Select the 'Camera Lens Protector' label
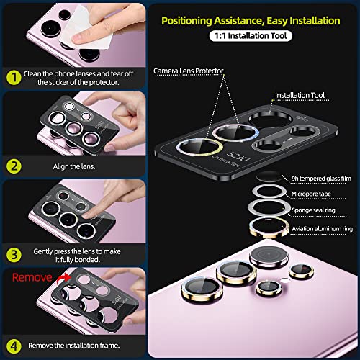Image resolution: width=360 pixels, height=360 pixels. coord(189,71)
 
